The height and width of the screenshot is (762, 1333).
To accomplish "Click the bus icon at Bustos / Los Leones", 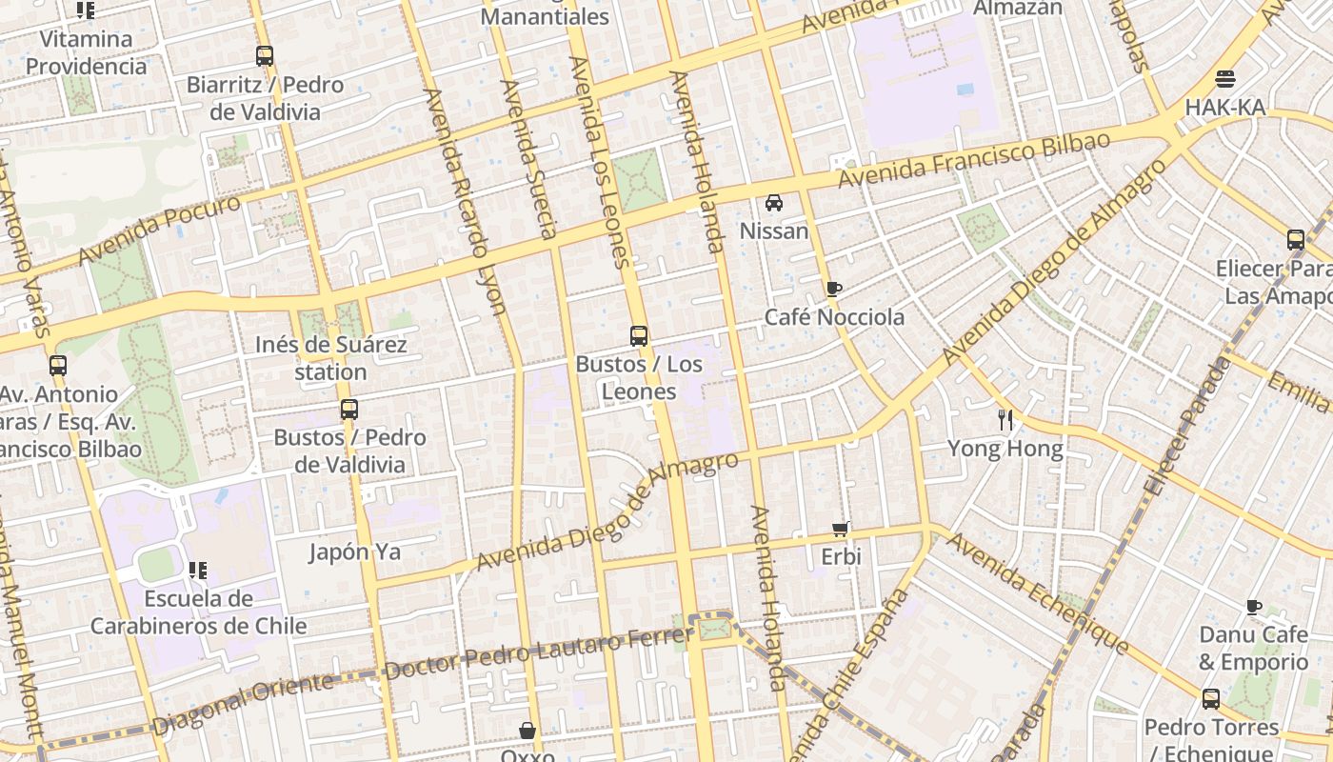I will tap(638, 335).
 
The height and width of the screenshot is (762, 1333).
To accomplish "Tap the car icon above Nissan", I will tap(774, 203).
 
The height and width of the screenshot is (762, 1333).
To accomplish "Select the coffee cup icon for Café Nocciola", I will tap(834, 289).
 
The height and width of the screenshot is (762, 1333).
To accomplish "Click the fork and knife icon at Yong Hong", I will tap(1005, 419).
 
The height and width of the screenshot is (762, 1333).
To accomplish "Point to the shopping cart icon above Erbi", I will tap(840, 529).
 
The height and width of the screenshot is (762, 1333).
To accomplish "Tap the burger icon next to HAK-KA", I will tap(1225, 79).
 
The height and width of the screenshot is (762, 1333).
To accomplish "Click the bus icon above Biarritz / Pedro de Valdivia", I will tap(265, 56).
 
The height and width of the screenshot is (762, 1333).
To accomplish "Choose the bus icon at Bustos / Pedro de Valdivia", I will tap(349, 410).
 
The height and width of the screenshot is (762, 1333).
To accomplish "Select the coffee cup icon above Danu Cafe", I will tap(1254, 607).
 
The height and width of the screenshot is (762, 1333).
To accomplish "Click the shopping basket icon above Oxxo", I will tap(527, 731).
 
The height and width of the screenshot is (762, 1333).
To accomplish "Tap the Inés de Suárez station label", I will tap(330, 358).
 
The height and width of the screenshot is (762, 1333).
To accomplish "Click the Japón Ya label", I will tap(355, 551).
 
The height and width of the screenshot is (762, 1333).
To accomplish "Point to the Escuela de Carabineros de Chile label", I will tap(199, 612).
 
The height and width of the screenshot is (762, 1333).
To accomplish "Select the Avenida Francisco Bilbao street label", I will tap(973, 160).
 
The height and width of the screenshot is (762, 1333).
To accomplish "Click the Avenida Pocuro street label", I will tap(159, 231).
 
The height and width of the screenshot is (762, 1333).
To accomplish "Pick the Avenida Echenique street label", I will tap(1038, 594).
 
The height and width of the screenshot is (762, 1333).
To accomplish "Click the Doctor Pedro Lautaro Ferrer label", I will tap(539, 652).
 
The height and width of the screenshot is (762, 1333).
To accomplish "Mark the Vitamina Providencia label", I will tap(86, 52).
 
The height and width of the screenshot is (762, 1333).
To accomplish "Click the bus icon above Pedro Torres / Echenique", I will tap(1210, 699).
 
